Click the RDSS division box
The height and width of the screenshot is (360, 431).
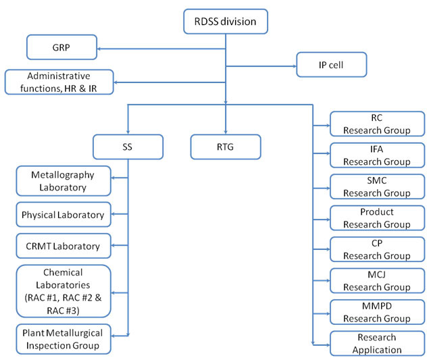click(x=226, y=22)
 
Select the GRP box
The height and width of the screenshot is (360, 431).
click(x=62, y=47)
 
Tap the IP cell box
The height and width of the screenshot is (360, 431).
click(x=332, y=65)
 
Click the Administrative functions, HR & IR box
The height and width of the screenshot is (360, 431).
click(x=59, y=82)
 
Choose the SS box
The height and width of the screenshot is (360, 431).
click(x=128, y=147)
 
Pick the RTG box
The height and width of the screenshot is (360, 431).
click(x=226, y=147)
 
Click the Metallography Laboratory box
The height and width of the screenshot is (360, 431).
click(x=64, y=181)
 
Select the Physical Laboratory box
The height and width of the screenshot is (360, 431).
click(x=64, y=215)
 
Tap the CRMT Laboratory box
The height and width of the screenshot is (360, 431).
click(x=64, y=246)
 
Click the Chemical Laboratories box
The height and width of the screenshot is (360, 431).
click(x=64, y=291)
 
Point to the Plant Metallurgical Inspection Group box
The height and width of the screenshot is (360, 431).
click(x=64, y=339)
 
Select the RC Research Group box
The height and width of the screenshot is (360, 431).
click(x=378, y=124)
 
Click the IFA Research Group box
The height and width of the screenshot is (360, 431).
click(x=378, y=155)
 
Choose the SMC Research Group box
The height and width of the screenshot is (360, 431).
click(x=378, y=186)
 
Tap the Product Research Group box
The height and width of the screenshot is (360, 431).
click(x=378, y=218)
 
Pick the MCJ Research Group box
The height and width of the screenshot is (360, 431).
click(x=378, y=280)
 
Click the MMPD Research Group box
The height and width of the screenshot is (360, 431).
click(x=378, y=312)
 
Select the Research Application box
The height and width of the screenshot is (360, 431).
click(x=378, y=344)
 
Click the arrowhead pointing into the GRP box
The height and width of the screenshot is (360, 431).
click(x=99, y=49)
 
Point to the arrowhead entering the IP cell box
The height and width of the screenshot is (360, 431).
click(x=295, y=66)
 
